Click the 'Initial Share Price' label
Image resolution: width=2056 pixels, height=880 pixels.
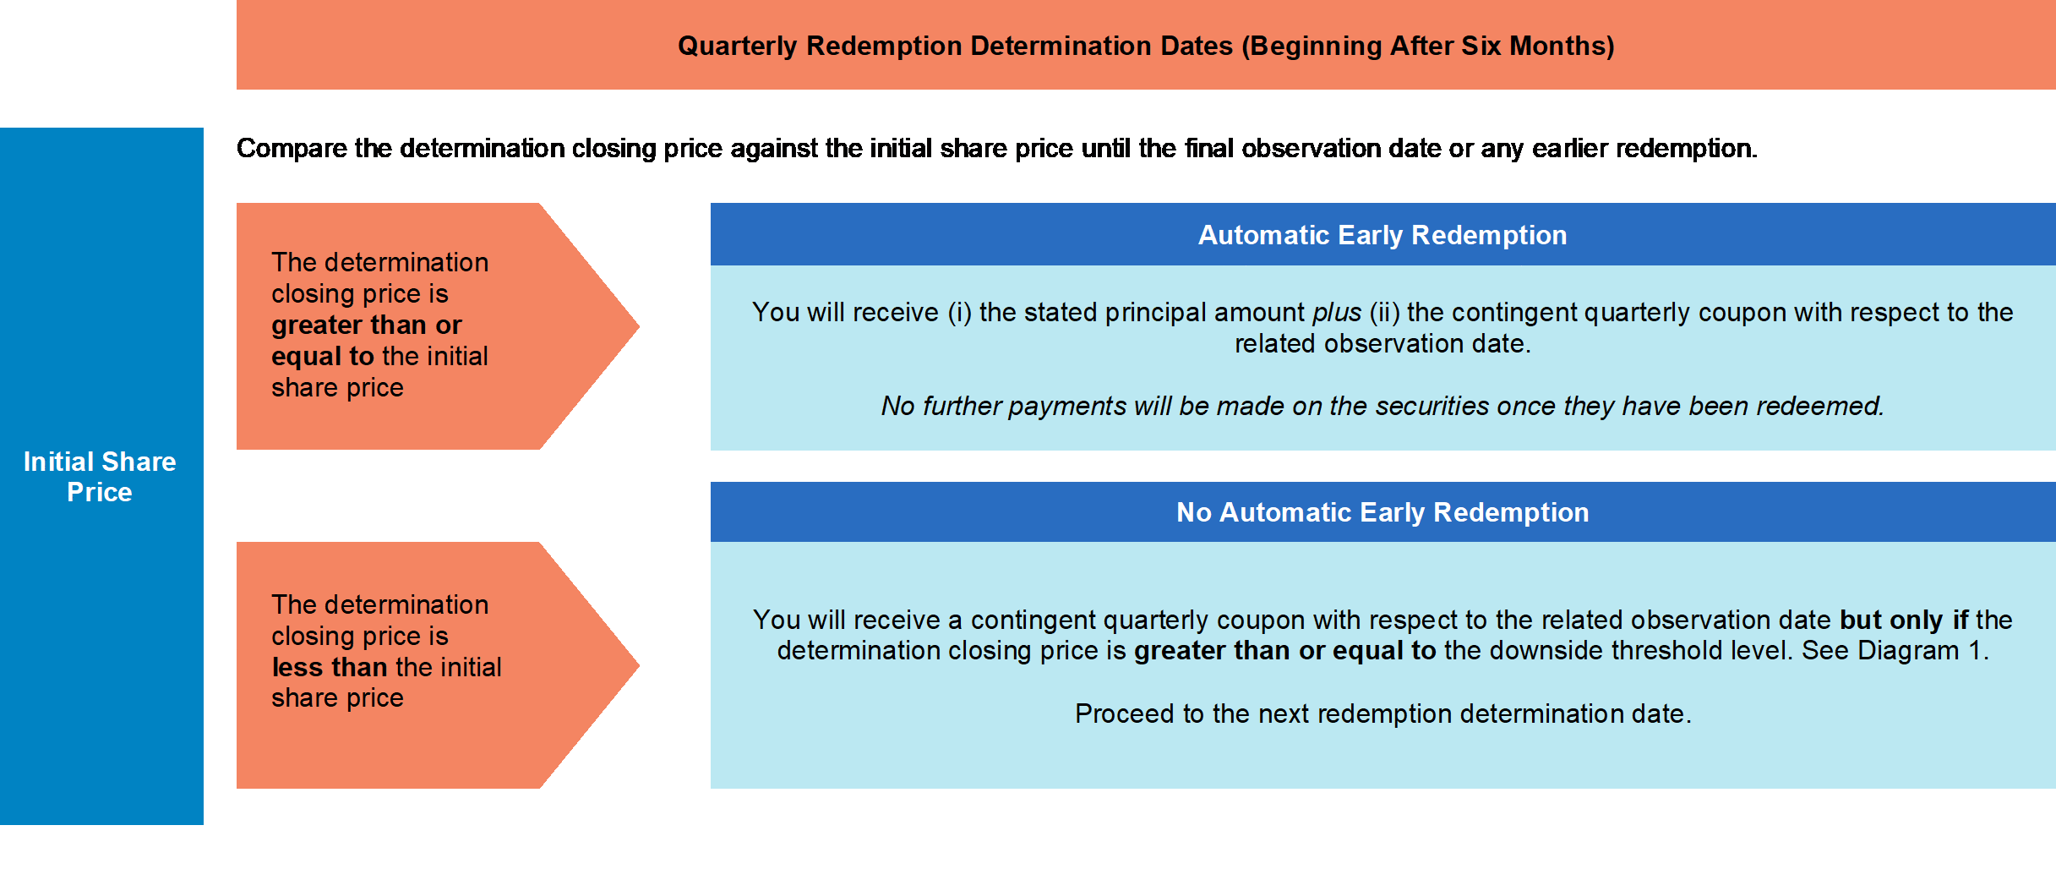click(x=100, y=477)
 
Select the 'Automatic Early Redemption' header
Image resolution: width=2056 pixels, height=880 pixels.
click(x=1382, y=235)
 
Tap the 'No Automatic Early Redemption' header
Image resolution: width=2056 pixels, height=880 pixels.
click(x=1382, y=512)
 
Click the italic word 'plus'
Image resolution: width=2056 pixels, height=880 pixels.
click(x=1337, y=313)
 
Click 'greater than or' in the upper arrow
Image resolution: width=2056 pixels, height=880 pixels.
click(x=367, y=325)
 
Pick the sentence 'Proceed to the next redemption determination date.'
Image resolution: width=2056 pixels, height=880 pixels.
click(x=1383, y=713)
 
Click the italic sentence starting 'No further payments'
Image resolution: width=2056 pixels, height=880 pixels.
click(x=1382, y=407)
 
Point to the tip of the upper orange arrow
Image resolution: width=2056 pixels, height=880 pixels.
click(x=639, y=326)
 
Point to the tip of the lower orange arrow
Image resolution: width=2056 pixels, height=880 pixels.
click(x=639, y=665)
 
